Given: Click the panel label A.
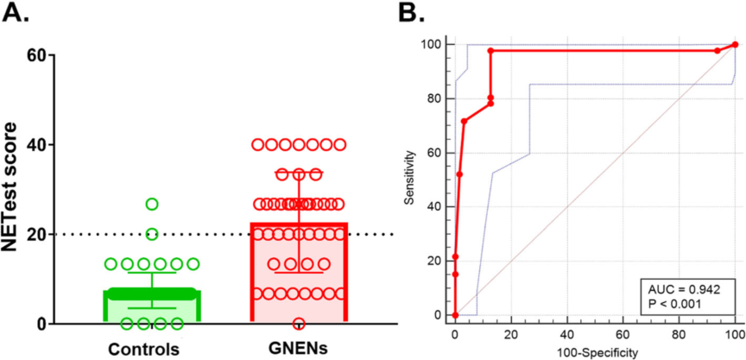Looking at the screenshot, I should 18,14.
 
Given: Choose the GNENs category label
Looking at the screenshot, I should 299,349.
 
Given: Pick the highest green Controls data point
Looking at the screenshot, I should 152,204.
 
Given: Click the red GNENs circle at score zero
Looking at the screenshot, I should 300,324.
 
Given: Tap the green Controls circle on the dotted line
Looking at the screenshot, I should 152,234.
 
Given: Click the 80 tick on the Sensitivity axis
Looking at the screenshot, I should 439,98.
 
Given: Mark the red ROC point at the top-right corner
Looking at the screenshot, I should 735,45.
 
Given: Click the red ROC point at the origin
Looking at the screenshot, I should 455,315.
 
